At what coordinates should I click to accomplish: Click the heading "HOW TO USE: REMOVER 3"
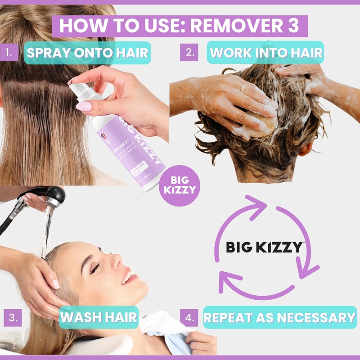pos(180,26)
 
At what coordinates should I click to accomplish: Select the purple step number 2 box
pos(189,52)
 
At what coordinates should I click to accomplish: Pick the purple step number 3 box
pos(13,317)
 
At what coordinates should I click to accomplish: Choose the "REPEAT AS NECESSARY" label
pos(279,317)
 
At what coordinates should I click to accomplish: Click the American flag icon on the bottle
pos(104,138)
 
